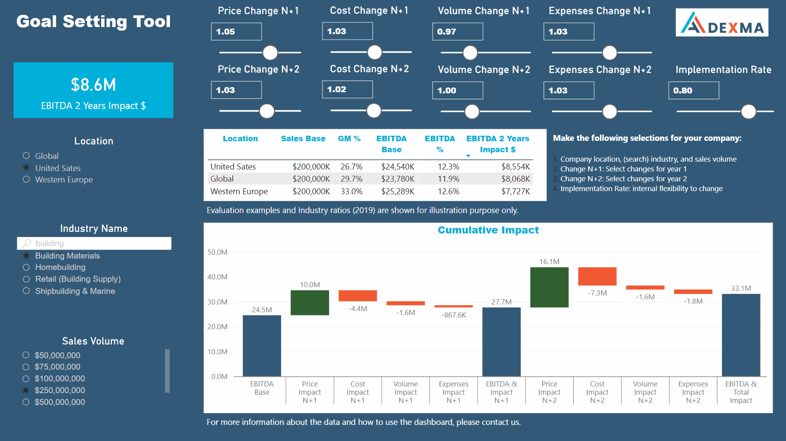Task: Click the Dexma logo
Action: [x=722, y=23]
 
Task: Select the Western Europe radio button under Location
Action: [x=27, y=180]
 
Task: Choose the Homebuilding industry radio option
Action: [x=27, y=267]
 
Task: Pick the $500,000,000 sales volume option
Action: [x=26, y=402]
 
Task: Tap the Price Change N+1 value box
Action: [x=236, y=32]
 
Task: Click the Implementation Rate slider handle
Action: [x=748, y=111]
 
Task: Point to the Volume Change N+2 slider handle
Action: [x=472, y=111]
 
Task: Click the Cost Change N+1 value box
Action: [x=347, y=31]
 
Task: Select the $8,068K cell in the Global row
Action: [x=515, y=179]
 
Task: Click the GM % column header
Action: [x=349, y=139]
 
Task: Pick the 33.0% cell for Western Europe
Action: [x=351, y=191]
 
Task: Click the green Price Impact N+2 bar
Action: [x=549, y=287]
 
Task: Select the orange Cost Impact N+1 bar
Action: [x=357, y=296]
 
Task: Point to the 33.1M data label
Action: [x=741, y=288]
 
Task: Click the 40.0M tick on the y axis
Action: [x=217, y=277]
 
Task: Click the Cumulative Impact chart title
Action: [x=488, y=230]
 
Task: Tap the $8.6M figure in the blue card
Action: [x=93, y=85]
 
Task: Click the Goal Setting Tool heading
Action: [x=93, y=21]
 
